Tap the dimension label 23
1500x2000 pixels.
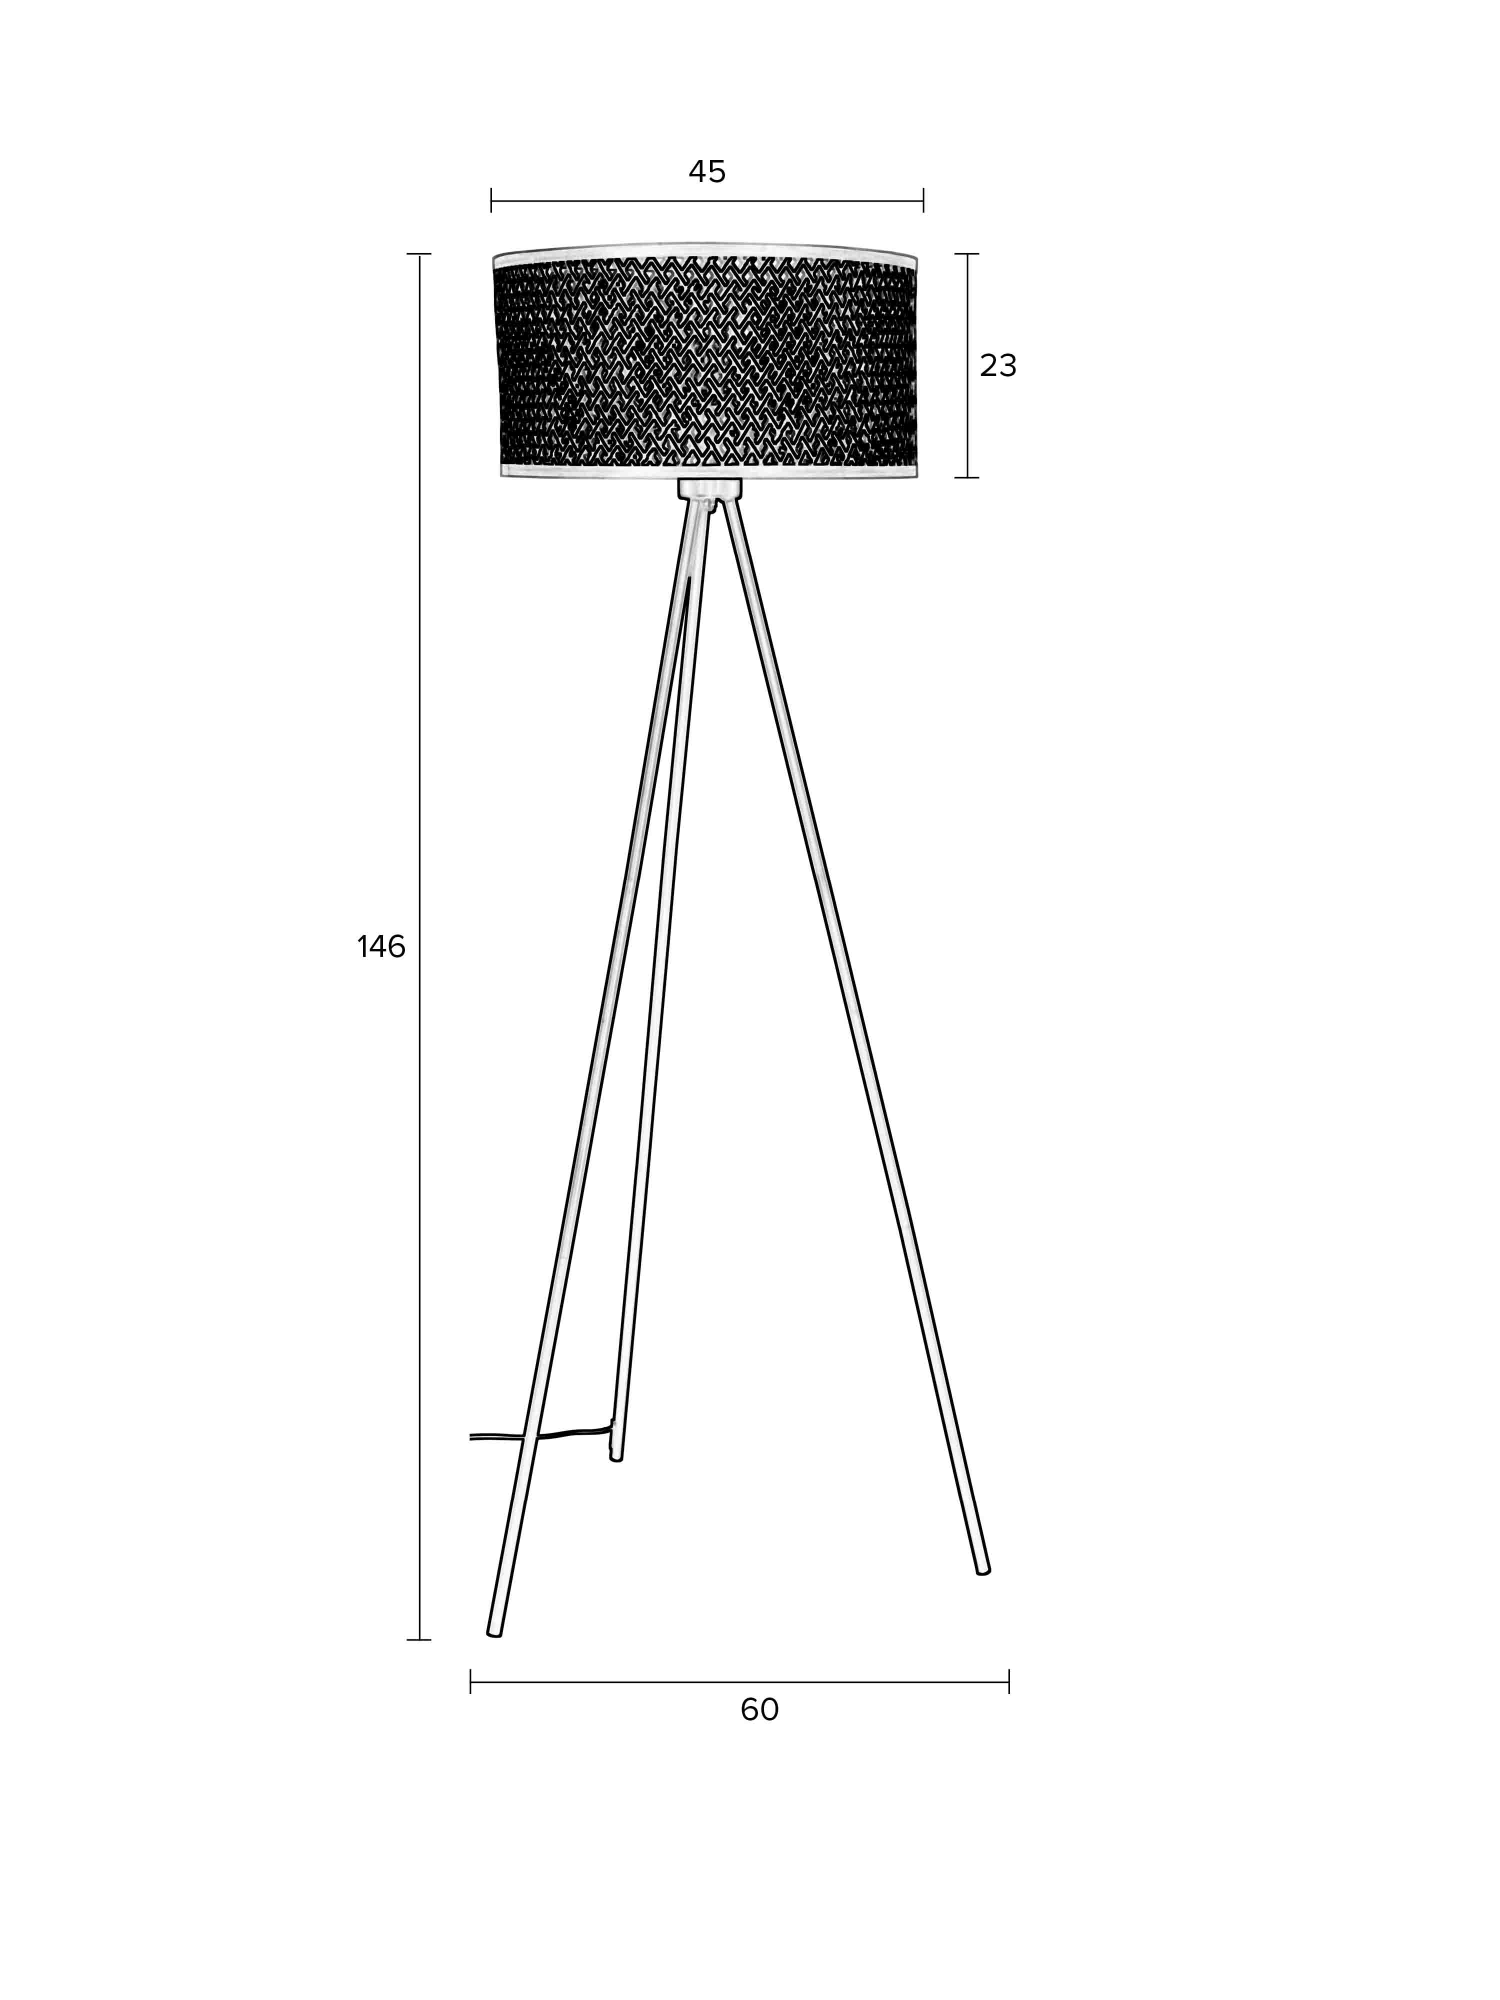pos(997,365)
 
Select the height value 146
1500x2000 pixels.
pos(380,946)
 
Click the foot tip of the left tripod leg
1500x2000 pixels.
pos(494,1631)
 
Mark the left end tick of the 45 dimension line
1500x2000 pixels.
pos(491,200)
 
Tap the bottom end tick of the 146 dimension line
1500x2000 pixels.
pos(418,1639)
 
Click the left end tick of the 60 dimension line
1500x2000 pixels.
pos(470,1681)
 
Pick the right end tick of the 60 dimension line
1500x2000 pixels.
pos(1008,1681)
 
